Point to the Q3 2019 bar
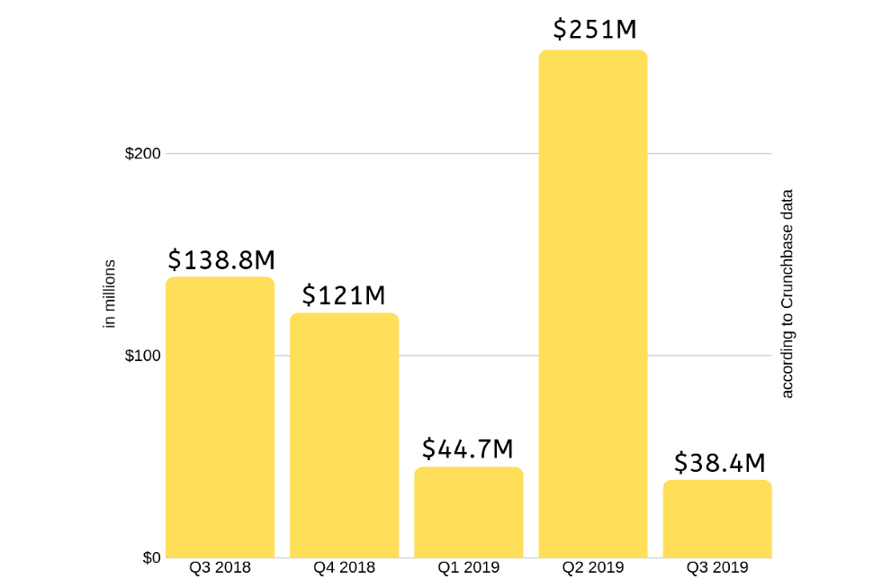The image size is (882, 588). [x=717, y=519]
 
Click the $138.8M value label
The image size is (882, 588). [x=221, y=260]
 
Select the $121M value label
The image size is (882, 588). [x=343, y=295]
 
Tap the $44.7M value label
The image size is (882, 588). [x=468, y=448]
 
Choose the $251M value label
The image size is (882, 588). [x=594, y=30]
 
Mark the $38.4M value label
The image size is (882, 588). [x=719, y=463]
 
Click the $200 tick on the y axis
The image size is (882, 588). [x=143, y=153]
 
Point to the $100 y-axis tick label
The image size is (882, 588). [x=143, y=356]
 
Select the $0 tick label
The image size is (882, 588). [x=150, y=557]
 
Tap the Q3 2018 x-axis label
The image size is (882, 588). [x=220, y=568]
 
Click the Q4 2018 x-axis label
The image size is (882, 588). [x=344, y=568]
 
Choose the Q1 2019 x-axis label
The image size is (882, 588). [x=468, y=568]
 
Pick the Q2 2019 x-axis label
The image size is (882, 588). [x=592, y=568]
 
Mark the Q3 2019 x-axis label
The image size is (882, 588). [x=717, y=568]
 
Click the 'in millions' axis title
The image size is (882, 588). [x=111, y=294]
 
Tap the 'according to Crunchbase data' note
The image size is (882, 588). [x=787, y=294]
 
